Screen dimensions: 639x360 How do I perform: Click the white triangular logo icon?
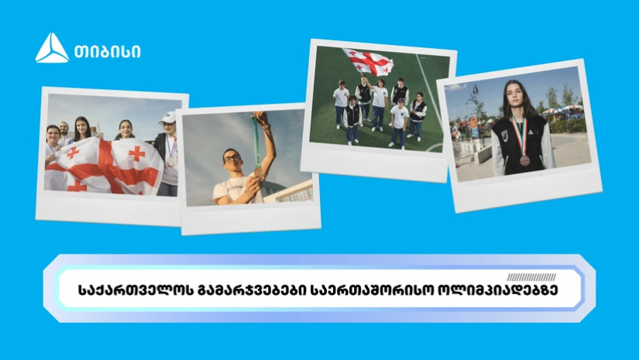tap(52, 48)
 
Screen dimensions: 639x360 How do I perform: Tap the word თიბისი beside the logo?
tap(107, 52)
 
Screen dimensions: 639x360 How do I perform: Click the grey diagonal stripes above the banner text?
tap(531, 277)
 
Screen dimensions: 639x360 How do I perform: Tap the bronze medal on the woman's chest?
tap(524, 160)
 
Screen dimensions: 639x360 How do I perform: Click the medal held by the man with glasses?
tap(259, 173)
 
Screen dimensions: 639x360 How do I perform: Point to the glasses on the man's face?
tap(232, 158)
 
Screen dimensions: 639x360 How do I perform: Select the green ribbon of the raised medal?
tap(256, 142)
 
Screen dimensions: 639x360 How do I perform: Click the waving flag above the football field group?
tap(369, 62)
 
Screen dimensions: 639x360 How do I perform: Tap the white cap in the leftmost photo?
tap(167, 118)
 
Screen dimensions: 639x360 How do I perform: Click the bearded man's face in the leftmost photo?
tap(64, 129)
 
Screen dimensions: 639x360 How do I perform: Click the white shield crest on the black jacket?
tap(504, 135)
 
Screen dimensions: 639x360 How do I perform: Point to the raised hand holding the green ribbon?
tap(262, 118)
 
